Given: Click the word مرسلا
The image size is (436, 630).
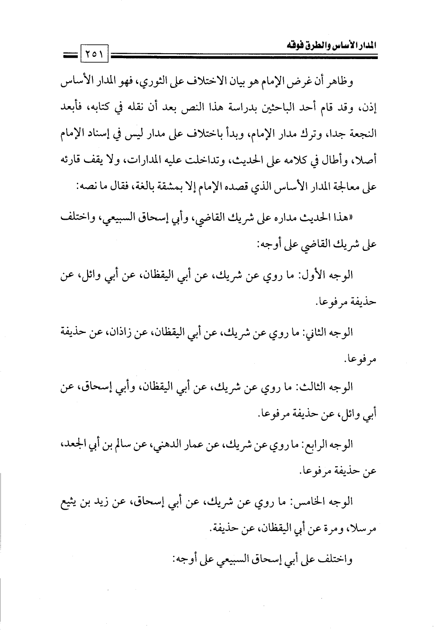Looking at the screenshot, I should coord(363,529).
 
